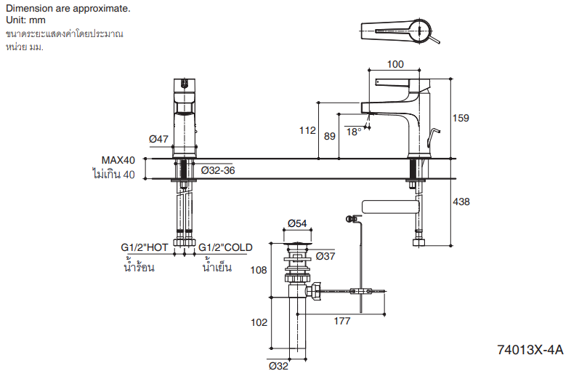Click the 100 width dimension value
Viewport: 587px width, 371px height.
(395, 64)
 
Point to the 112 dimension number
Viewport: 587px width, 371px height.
(307, 131)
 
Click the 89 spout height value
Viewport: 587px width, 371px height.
(330, 135)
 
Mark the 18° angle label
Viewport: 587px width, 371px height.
(354, 132)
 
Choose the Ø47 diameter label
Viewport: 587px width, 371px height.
(158, 139)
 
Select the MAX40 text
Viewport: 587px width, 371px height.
(118, 161)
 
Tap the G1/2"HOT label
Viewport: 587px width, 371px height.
(145, 247)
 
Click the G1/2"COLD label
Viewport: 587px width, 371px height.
(225, 247)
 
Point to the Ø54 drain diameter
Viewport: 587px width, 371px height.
(297, 223)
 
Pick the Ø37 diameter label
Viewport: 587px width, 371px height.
(325, 255)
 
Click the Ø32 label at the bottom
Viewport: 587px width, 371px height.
(279, 366)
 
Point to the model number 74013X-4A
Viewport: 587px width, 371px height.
(530, 350)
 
